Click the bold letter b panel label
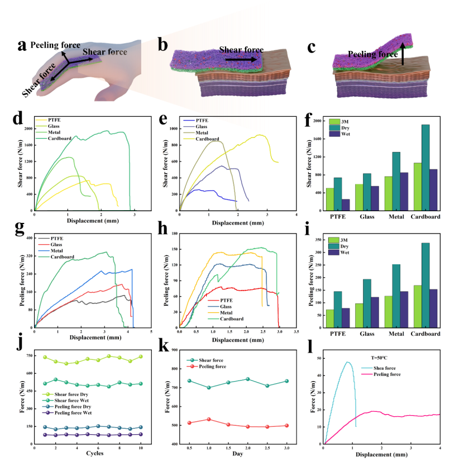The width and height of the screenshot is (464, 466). (162, 45)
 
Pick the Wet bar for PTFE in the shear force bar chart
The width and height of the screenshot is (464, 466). (346, 205)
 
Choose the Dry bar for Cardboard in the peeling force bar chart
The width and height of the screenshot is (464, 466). (425, 284)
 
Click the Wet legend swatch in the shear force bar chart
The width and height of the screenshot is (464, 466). (334, 134)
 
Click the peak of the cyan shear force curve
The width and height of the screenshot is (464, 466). (348, 362)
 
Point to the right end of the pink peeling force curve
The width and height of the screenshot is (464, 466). (439, 415)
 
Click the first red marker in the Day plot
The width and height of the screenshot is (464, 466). (189, 422)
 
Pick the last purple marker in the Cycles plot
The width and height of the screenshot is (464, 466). (141, 434)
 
